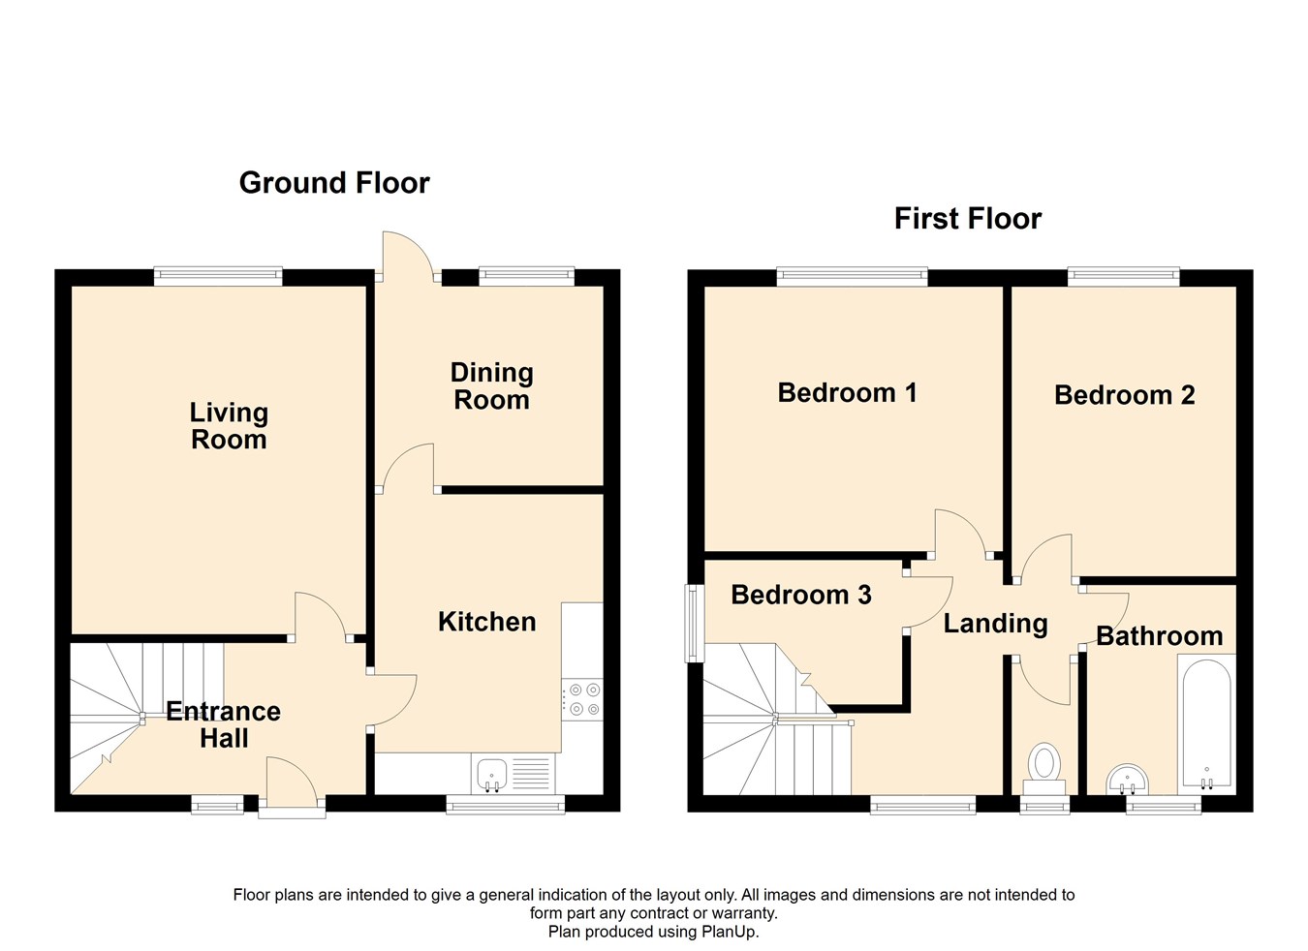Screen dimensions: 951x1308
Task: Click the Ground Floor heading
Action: pos(334,183)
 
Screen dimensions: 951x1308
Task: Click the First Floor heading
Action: pos(967,219)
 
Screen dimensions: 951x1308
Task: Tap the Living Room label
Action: pos(229,426)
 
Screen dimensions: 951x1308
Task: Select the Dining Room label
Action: pos(492,386)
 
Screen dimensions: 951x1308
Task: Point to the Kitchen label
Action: pos(486,622)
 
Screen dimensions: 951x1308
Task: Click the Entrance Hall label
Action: pos(224,724)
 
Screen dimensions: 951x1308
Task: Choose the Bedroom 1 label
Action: pos(847,392)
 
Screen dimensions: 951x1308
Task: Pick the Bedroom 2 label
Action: pos(1124,395)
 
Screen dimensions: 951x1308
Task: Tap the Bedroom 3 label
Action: pos(800,595)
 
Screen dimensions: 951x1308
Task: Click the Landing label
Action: pos(995,624)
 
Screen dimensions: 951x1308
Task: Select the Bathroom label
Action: pos(1159,636)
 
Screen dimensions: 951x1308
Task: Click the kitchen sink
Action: pos(492,774)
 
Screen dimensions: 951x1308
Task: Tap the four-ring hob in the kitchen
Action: pos(581,699)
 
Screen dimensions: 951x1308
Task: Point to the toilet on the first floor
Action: pos(1044,764)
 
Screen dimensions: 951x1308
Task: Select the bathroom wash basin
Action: pos(1128,778)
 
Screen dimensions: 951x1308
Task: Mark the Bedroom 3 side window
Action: pos(694,623)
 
